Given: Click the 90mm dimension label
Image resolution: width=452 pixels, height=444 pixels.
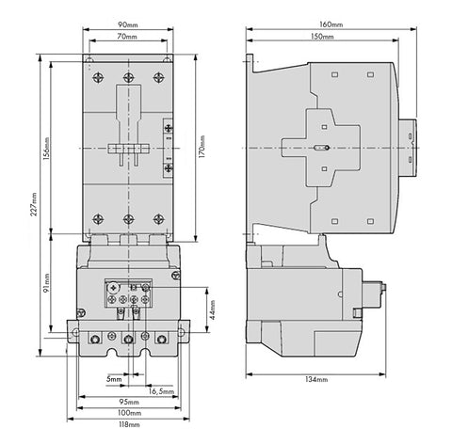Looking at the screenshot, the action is click(127, 24).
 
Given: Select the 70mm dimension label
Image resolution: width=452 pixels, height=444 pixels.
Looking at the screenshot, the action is click(127, 37).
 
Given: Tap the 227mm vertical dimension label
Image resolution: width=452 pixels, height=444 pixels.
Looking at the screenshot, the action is click(34, 204).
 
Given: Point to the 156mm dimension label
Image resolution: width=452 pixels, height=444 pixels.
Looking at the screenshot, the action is click(46, 149).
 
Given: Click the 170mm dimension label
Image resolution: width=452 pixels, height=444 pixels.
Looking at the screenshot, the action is click(202, 147).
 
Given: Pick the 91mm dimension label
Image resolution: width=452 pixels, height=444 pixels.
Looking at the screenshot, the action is click(46, 283).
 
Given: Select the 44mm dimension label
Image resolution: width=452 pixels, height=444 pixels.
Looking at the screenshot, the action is click(213, 309).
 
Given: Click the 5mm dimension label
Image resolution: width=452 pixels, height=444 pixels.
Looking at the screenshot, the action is click(114, 379).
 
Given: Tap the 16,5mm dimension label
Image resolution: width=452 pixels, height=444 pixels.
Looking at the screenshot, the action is click(161, 391).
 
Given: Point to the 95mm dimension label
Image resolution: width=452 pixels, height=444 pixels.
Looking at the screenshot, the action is click(129, 402).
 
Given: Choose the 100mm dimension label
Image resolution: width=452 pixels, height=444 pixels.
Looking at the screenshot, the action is click(129, 413).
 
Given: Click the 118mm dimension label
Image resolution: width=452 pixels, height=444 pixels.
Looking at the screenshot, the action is click(128, 424).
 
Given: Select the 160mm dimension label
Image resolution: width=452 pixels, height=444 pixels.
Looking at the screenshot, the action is click(331, 24).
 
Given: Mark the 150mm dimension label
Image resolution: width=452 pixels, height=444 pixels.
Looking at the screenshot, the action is click(322, 37).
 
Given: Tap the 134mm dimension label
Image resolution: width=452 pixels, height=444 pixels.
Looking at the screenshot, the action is click(316, 379).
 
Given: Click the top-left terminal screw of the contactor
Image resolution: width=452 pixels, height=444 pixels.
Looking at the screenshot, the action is click(98, 77).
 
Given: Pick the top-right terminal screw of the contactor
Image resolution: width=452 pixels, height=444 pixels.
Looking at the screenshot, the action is click(158, 77).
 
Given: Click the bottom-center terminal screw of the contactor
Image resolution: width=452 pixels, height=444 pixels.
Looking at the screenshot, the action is click(128, 219).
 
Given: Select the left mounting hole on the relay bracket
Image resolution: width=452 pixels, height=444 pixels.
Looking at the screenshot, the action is click(75, 332).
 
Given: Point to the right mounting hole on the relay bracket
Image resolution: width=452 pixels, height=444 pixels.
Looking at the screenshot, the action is click(181, 332).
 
